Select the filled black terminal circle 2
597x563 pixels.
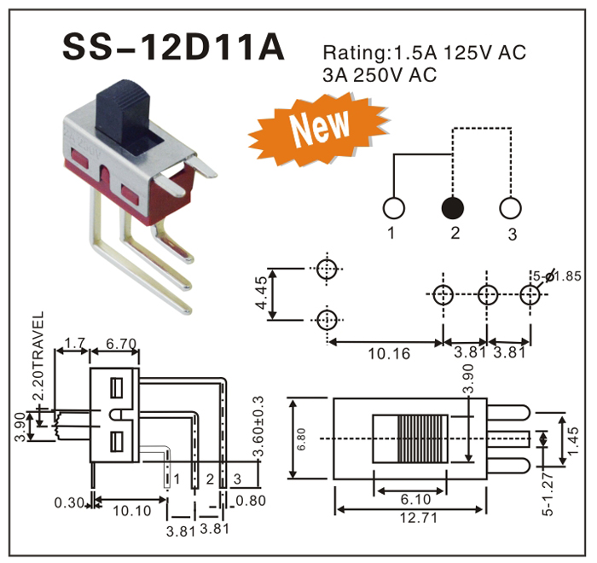point(452,207)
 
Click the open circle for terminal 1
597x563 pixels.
point(394,207)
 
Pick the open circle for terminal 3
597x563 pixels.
point(510,207)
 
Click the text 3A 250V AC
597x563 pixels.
point(380,75)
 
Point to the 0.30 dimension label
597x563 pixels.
point(68,502)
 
